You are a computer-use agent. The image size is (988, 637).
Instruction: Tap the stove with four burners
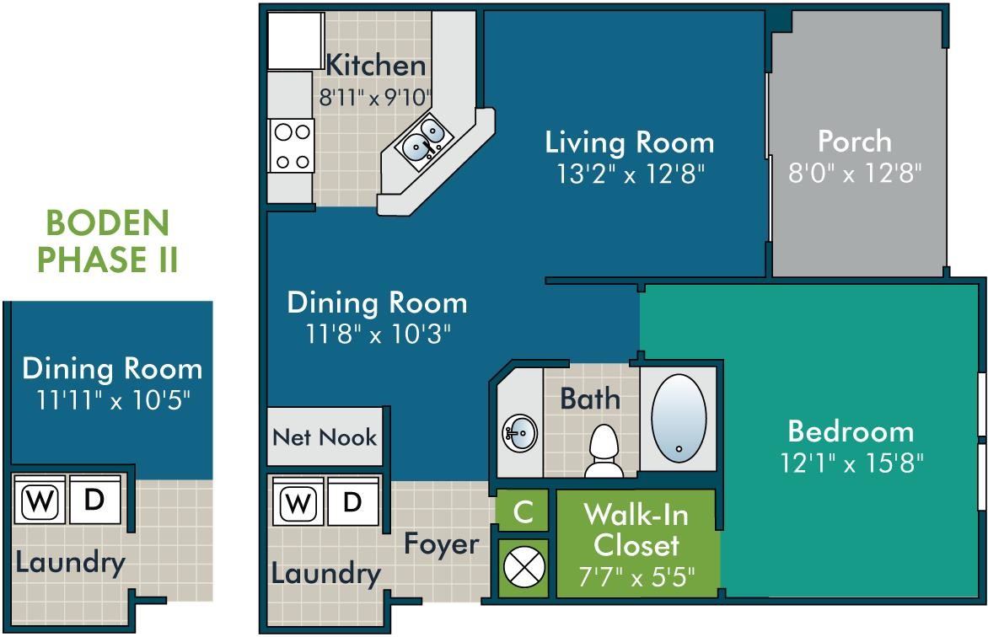(292, 146)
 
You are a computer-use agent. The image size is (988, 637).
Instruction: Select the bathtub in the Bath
(679, 418)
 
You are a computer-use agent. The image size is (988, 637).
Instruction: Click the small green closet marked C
(523, 511)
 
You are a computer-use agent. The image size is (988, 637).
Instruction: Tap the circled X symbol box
(523, 567)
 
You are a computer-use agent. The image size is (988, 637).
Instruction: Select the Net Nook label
(325, 437)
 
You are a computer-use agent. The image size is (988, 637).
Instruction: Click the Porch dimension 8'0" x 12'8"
(855, 174)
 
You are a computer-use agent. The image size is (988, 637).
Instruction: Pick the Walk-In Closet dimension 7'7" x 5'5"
(636, 578)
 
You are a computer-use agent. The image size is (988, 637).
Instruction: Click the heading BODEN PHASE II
(107, 242)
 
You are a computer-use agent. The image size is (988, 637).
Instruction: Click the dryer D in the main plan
(352, 502)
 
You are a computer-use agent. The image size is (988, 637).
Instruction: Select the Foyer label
(441, 544)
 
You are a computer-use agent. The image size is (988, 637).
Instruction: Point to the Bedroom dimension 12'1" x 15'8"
(851, 463)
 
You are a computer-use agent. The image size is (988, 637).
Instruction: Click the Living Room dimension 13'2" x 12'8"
(630, 174)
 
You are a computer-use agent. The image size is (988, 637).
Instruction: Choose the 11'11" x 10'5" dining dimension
(111, 399)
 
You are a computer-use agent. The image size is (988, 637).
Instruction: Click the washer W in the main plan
(296, 503)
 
